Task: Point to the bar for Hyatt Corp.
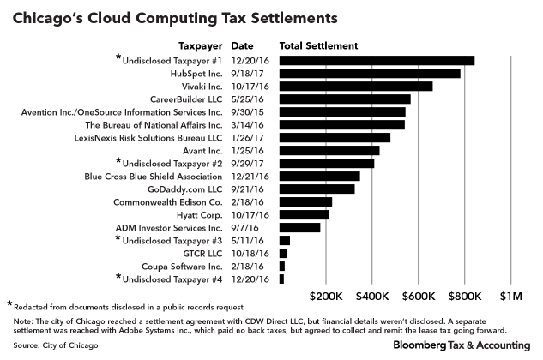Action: pyautogui.click(x=292, y=214)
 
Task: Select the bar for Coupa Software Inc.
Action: pyautogui.click(x=282, y=266)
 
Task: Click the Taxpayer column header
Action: pyautogui.click(x=201, y=45)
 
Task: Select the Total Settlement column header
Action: pyautogui.click(x=319, y=45)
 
